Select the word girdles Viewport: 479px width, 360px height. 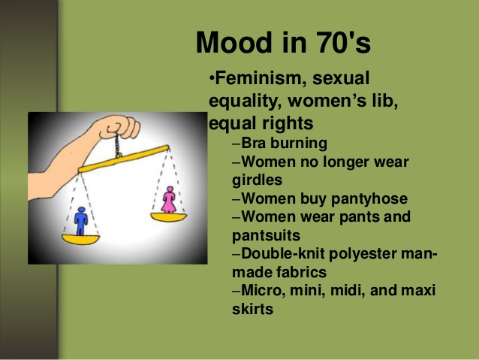(255, 180)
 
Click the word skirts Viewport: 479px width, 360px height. (252, 308)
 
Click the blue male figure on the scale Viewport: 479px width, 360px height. (81, 220)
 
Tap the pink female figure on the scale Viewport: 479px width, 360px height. (170, 198)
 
